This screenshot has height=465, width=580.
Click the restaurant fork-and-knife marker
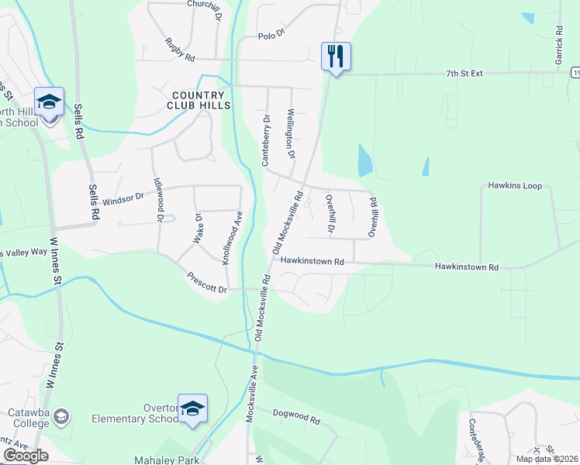click(x=336, y=56)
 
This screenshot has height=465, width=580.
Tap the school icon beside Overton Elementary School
click(x=192, y=408)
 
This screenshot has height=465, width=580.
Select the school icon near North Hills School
click(x=49, y=102)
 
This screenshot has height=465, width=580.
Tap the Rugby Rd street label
click(x=179, y=50)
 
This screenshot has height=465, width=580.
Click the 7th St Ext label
click(x=464, y=74)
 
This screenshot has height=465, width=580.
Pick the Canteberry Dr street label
click(x=265, y=141)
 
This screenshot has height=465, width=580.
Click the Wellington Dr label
click(x=292, y=133)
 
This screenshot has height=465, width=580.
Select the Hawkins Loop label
click(x=515, y=186)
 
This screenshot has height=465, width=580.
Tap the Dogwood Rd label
click(x=296, y=416)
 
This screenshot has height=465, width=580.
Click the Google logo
click(x=26, y=456)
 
